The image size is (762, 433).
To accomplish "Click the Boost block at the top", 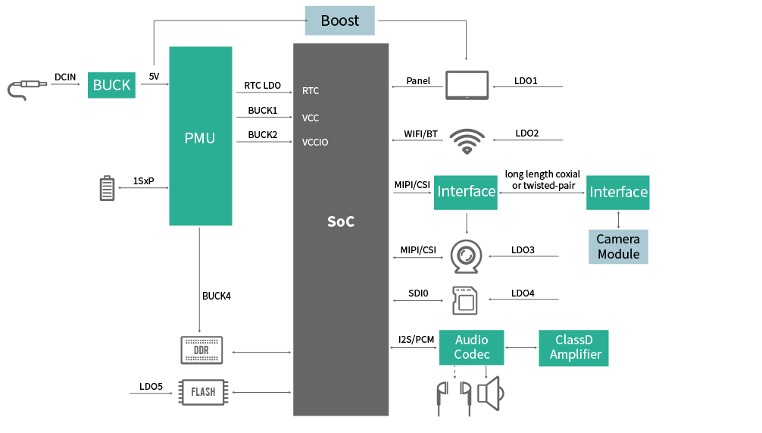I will click(x=339, y=20).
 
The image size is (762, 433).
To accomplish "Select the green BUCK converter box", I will click(x=111, y=85).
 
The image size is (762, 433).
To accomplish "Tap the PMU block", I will click(x=200, y=136).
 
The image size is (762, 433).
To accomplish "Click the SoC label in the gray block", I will click(x=341, y=221).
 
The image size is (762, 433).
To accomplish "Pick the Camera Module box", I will click(x=618, y=246).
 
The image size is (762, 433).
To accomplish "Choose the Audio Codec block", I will click(x=472, y=347).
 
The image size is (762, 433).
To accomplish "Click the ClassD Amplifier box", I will click(x=573, y=347).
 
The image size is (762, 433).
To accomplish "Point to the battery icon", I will click(x=108, y=188).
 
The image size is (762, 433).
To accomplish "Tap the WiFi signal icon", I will click(x=467, y=140).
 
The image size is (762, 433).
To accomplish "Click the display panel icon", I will click(x=467, y=85).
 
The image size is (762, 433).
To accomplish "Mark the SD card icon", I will click(x=464, y=300).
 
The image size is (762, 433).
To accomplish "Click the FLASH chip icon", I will click(x=202, y=392).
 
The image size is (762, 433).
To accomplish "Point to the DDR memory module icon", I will click(x=201, y=350).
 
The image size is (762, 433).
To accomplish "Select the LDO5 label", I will click(x=151, y=387).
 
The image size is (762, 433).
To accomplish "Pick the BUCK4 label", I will click(x=217, y=296).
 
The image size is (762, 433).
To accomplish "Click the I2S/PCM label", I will click(x=417, y=339).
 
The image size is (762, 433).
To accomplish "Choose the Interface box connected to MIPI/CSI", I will click(x=466, y=192).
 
